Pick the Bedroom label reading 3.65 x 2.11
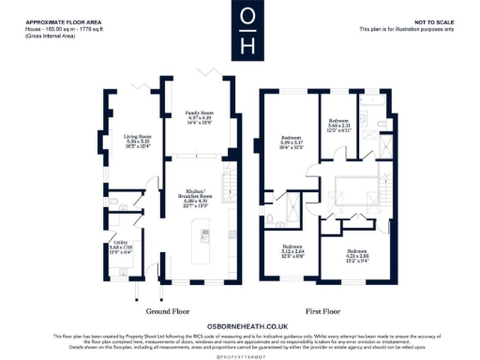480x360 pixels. click(339, 125)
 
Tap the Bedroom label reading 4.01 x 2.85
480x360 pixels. click(357, 255)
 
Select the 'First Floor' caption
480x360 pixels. click(322, 310)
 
